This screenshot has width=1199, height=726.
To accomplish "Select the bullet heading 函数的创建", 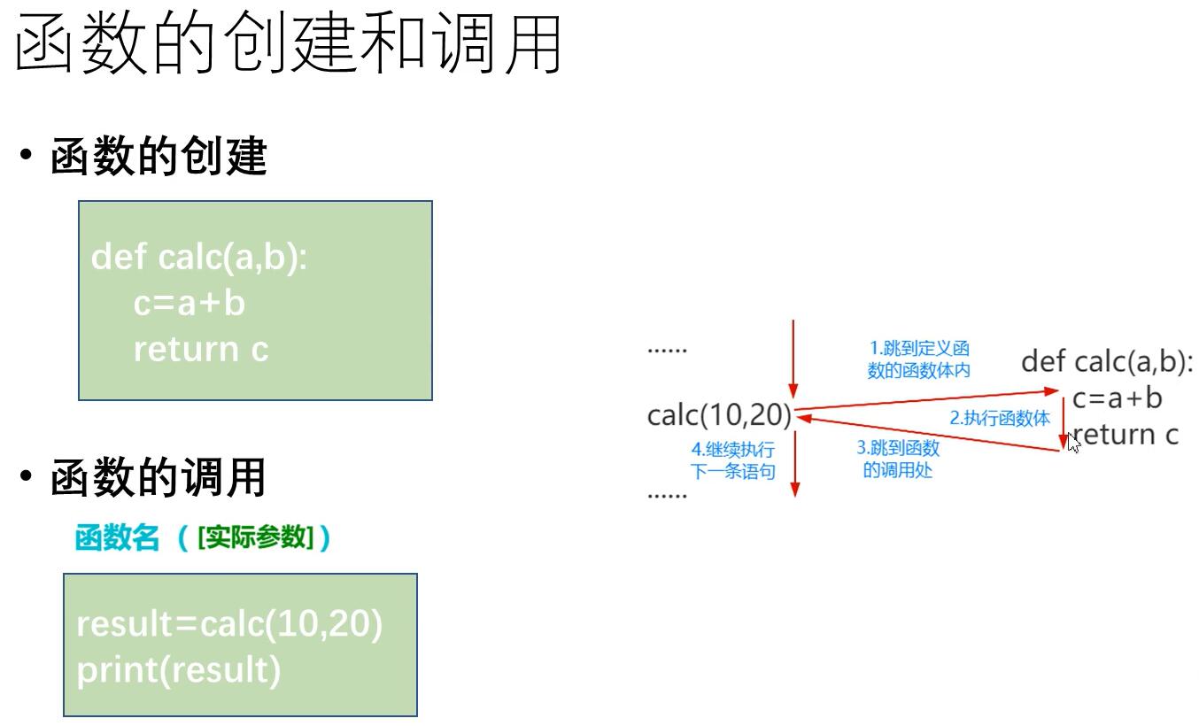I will tap(159, 158).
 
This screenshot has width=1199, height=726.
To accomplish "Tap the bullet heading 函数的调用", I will tap(159, 478).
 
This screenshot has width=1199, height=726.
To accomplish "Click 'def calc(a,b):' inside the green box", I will tap(199, 258).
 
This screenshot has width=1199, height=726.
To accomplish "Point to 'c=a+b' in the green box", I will tap(189, 304).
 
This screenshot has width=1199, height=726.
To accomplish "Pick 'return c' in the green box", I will tap(200, 350).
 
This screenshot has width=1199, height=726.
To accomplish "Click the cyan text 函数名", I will tap(117, 537).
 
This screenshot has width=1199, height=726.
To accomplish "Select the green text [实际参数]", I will tap(256, 537).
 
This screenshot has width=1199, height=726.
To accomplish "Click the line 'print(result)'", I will tap(178, 670).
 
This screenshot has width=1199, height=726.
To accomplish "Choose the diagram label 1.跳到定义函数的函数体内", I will tap(918, 359).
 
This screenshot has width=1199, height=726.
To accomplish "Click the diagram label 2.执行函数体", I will tap(1000, 419).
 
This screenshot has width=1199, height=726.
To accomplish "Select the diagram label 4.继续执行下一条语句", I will tap(732, 460).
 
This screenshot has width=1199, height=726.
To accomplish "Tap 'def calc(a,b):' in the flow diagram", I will tap(1107, 361).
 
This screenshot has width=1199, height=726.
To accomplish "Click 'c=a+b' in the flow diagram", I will tap(1117, 398).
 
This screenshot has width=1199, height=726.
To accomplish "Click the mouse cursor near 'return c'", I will tap(1074, 441).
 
